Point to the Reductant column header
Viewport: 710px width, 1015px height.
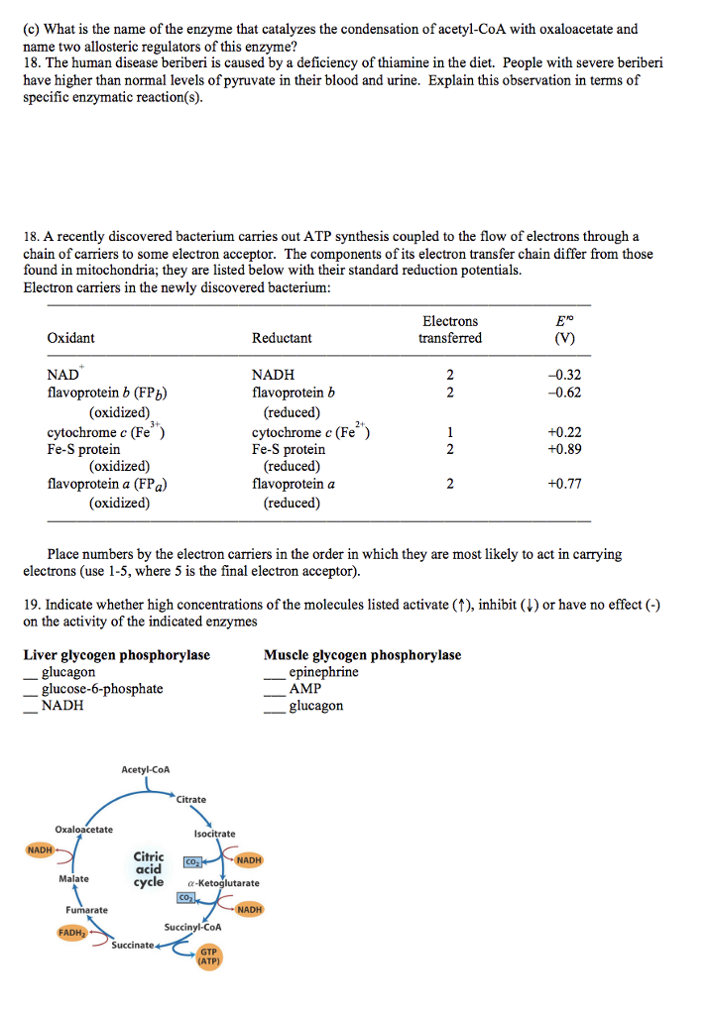point(282,338)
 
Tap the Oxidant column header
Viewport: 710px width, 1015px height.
point(71,338)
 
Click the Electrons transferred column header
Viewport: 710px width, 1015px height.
point(450,330)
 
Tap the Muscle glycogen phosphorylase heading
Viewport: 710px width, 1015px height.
point(362,655)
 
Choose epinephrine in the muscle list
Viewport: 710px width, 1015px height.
point(324,672)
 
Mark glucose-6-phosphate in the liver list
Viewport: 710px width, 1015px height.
point(102,689)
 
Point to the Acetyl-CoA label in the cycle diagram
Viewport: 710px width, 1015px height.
point(146,769)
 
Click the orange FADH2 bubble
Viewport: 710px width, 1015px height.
point(71,932)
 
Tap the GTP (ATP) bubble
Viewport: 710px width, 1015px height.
point(209,956)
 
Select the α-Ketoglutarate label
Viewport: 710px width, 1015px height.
point(223,882)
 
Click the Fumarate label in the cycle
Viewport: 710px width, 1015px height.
point(87,909)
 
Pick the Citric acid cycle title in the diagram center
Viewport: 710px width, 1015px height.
point(149,868)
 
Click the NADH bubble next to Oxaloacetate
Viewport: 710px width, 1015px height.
point(40,849)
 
